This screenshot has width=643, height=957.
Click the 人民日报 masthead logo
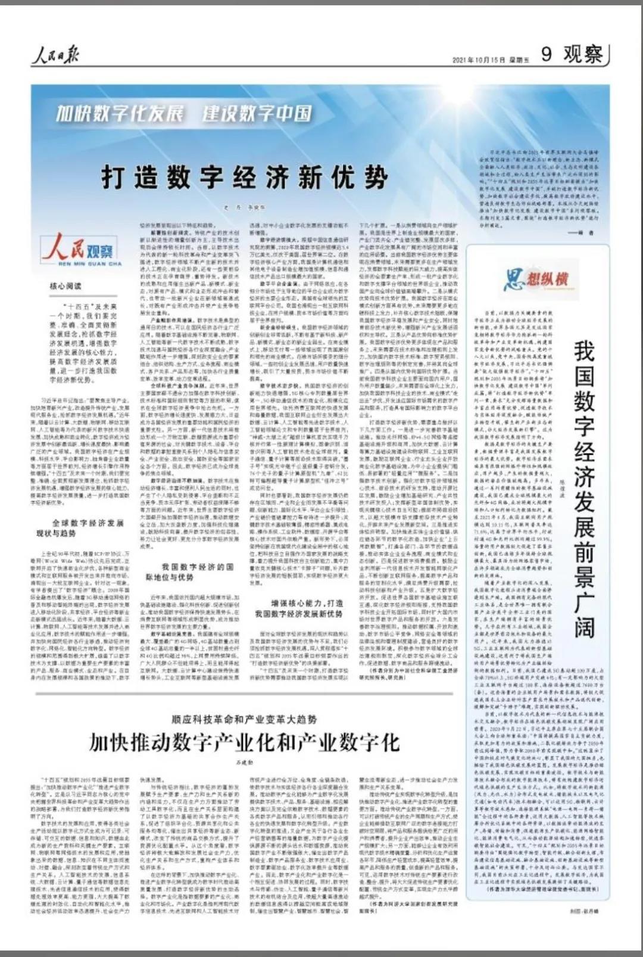(55, 57)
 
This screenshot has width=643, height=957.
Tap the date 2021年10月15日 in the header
(479, 60)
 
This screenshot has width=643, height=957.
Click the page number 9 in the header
(546, 54)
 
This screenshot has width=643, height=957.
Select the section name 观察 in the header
(583, 54)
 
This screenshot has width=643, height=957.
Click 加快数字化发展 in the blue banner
(120, 113)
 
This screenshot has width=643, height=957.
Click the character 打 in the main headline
(114, 178)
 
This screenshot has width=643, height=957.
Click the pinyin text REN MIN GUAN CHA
(82, 263)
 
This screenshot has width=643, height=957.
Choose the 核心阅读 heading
(65, 286)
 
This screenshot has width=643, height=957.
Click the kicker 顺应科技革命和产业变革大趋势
(244, 719)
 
